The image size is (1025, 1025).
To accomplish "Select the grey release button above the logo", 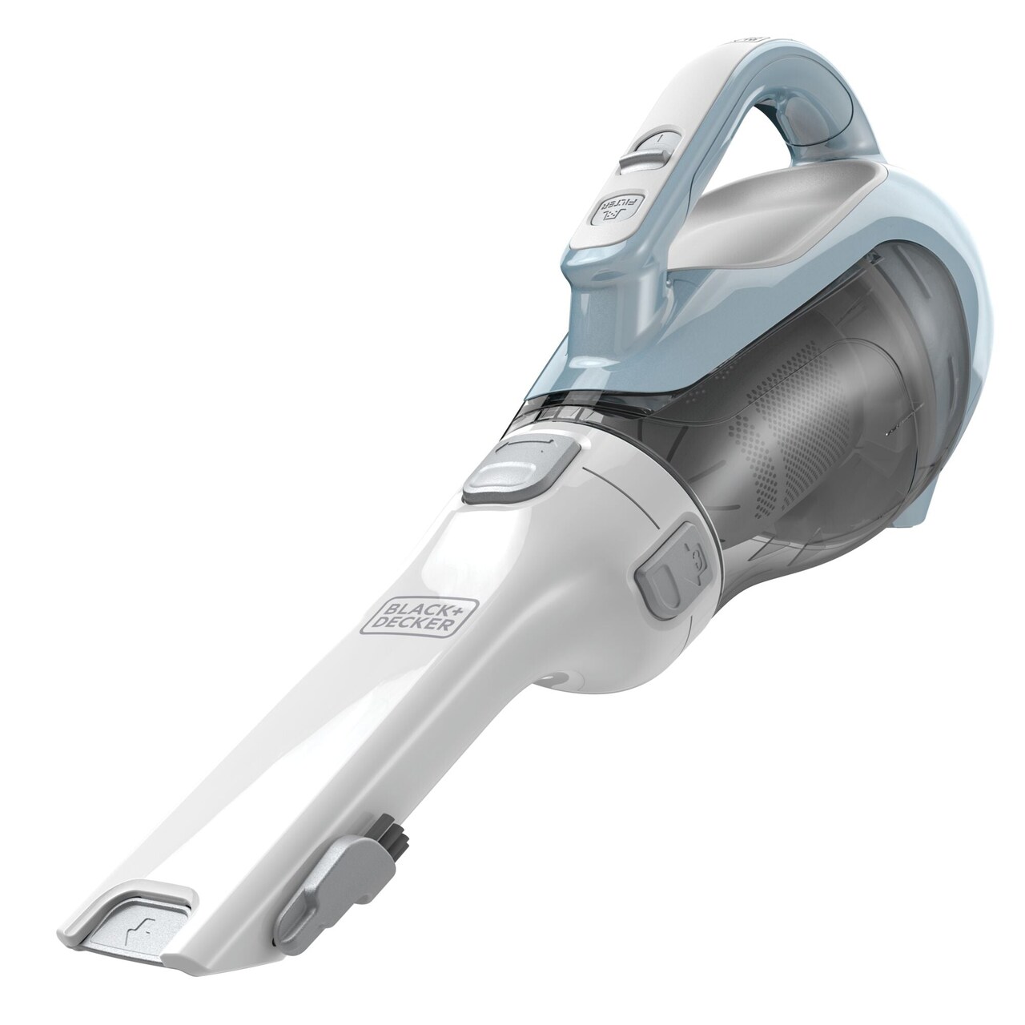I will pyautogui.click(x=516, y=466).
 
